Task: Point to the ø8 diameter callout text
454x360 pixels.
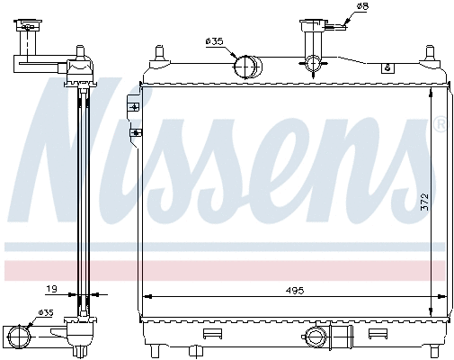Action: (x=363, y=8)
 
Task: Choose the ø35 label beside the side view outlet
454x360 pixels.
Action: (x=44, y=313)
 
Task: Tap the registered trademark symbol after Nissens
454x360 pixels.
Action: (x=439, y=122)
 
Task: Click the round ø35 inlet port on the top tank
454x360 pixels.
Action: (x=245, y=66)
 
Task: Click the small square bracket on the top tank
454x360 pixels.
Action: (x=387, y=67)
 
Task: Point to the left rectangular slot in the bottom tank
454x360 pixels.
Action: (x=212, y=335)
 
